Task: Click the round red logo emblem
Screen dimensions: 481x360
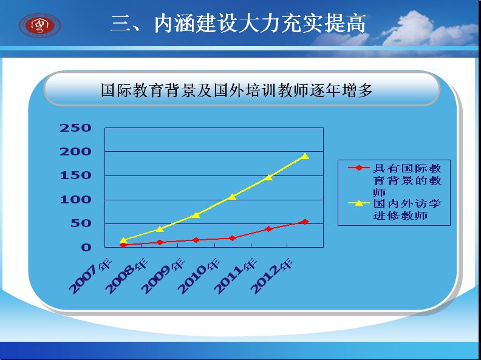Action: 39,25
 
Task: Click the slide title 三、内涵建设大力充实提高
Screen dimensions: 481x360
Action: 238,24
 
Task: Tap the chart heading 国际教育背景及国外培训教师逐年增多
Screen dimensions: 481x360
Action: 236,90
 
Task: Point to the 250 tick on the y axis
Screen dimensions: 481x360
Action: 75,128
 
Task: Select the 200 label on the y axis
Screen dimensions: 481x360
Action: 75,152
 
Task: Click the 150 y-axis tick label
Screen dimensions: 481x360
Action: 75,175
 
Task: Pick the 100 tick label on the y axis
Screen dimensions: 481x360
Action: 75,200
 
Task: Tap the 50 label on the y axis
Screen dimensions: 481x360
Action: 81,223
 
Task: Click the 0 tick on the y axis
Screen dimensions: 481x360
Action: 86,247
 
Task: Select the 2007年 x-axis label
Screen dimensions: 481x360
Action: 90,276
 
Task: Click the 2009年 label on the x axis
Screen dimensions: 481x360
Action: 163,276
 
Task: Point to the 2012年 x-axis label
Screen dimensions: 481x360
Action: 272,276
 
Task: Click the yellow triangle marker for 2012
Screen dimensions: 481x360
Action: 305,156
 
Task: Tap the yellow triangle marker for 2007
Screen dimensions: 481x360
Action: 123,240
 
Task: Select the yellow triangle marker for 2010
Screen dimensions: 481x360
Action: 232,197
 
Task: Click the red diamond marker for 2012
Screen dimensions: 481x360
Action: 305,222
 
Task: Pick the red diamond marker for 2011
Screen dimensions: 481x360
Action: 268,229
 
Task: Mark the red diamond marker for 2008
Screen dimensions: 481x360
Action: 160,242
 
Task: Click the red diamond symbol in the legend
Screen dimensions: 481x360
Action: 358,168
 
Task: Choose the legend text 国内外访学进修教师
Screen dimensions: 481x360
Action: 407,209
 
